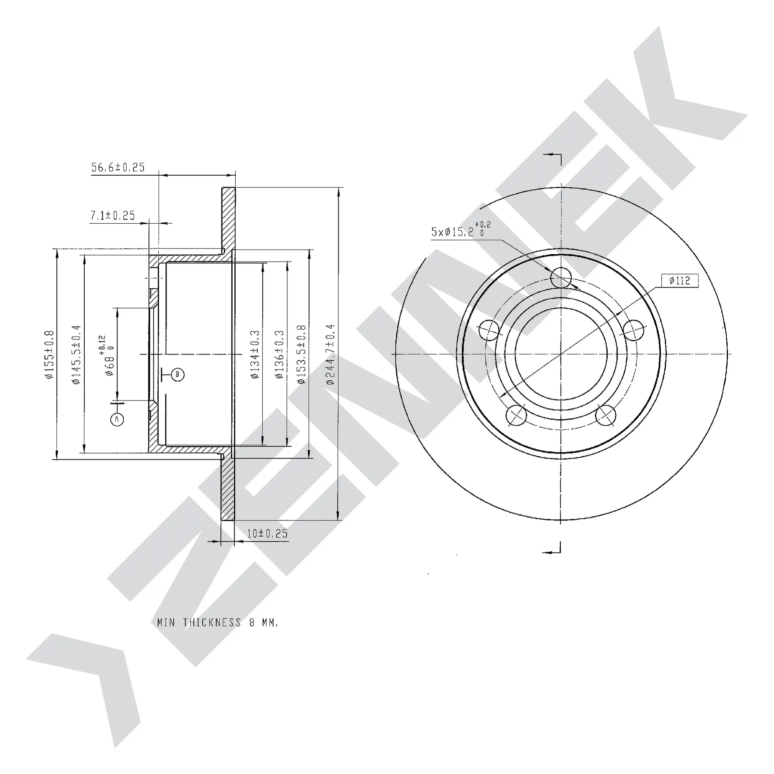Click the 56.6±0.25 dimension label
click(118, 168)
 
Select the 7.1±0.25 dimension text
click(113, 216)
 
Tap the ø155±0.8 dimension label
click(49, 354)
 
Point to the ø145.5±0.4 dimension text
click(77, 354)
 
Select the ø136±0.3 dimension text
click(279, 354)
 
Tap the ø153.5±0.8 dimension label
click(302, 354)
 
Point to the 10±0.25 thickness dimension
click(267, 534)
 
